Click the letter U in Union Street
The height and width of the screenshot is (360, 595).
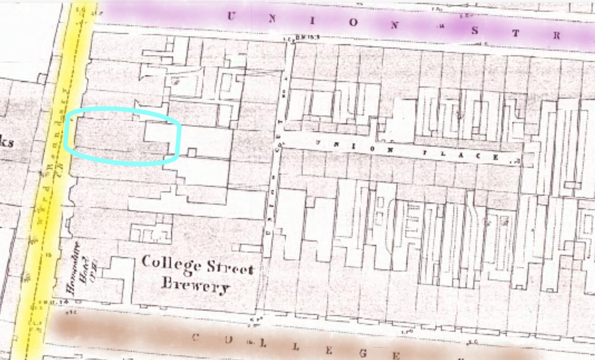pyautogui.click(x=231, y=16)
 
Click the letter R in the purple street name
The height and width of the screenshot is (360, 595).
pyautogui.click(x=557, y=36)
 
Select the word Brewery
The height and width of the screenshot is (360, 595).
pyautogui.click(x=195, y=286)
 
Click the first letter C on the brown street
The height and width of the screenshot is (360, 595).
pyautogui.click(x=195, y=337)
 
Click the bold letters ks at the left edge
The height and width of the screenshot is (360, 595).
pyautogui.click(x=6, y=143)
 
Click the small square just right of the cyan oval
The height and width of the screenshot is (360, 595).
pyautogui.click(x=192, y=152)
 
